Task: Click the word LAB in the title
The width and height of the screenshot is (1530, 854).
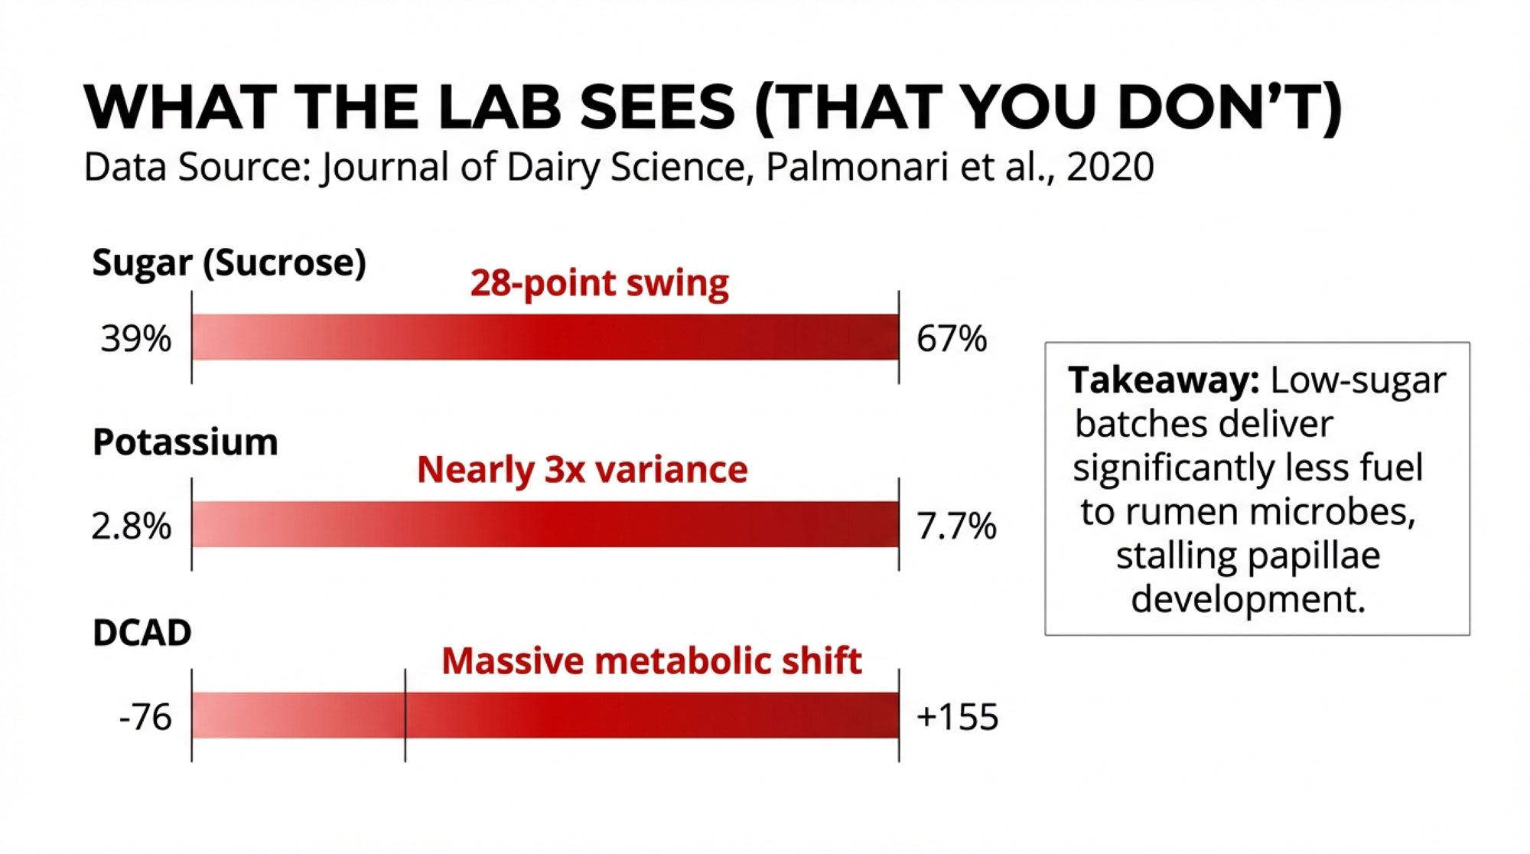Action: [x=500, y=107]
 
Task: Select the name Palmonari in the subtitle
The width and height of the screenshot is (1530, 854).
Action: [x=857, y=167]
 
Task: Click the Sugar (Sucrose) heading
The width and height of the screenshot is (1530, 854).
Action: [x=229, y=262]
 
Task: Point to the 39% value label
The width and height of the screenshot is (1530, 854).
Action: [x=136, y=338]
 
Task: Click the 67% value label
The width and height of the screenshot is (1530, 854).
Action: [x=952, y=338]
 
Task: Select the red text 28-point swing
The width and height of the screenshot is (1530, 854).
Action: [x=599, y=283]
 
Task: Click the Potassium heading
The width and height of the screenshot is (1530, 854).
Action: [x=185, y=442]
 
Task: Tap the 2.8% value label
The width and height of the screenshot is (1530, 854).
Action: [x=132, y=526]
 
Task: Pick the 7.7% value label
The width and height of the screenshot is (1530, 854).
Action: [x=956, y=526]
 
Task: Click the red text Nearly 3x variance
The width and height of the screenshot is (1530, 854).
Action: [x=582, y=470]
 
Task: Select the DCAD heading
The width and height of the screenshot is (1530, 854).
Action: [x=142, y=633]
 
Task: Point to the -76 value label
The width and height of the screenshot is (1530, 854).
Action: [x=145, y=718]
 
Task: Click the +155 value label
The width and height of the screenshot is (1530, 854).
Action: [x=957, y=718]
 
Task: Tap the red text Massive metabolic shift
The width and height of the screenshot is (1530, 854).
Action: [x=652, y=661]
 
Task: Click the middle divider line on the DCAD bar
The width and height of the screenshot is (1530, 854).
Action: [x=405, y=715]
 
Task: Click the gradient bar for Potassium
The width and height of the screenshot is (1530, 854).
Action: [x=545, y=525]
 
